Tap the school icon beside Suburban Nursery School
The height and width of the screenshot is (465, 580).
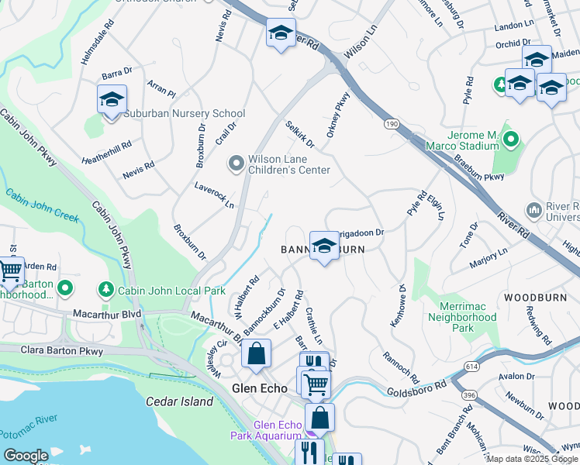pyautogui.click(x=112, y=100)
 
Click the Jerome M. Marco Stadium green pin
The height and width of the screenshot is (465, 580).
pyautogui.click(x=510, y=139)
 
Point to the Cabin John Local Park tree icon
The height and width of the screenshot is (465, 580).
pyautogui.click(x=105, y=290)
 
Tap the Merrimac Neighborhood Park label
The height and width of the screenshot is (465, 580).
pyautogui.click(x=463, y=317)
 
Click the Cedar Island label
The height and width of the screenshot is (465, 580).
pyautogui.click(x=179, y=401)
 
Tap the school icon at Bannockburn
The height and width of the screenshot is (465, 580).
pyautogui.click(x=324, y=246)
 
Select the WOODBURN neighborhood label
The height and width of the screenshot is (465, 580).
pyautogui.click(x=531, y=297)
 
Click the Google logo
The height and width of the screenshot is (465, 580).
pyautogui.click(x=26, y=456)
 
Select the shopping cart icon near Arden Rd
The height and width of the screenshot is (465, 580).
pyautogui.click(x=11, y=270)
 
